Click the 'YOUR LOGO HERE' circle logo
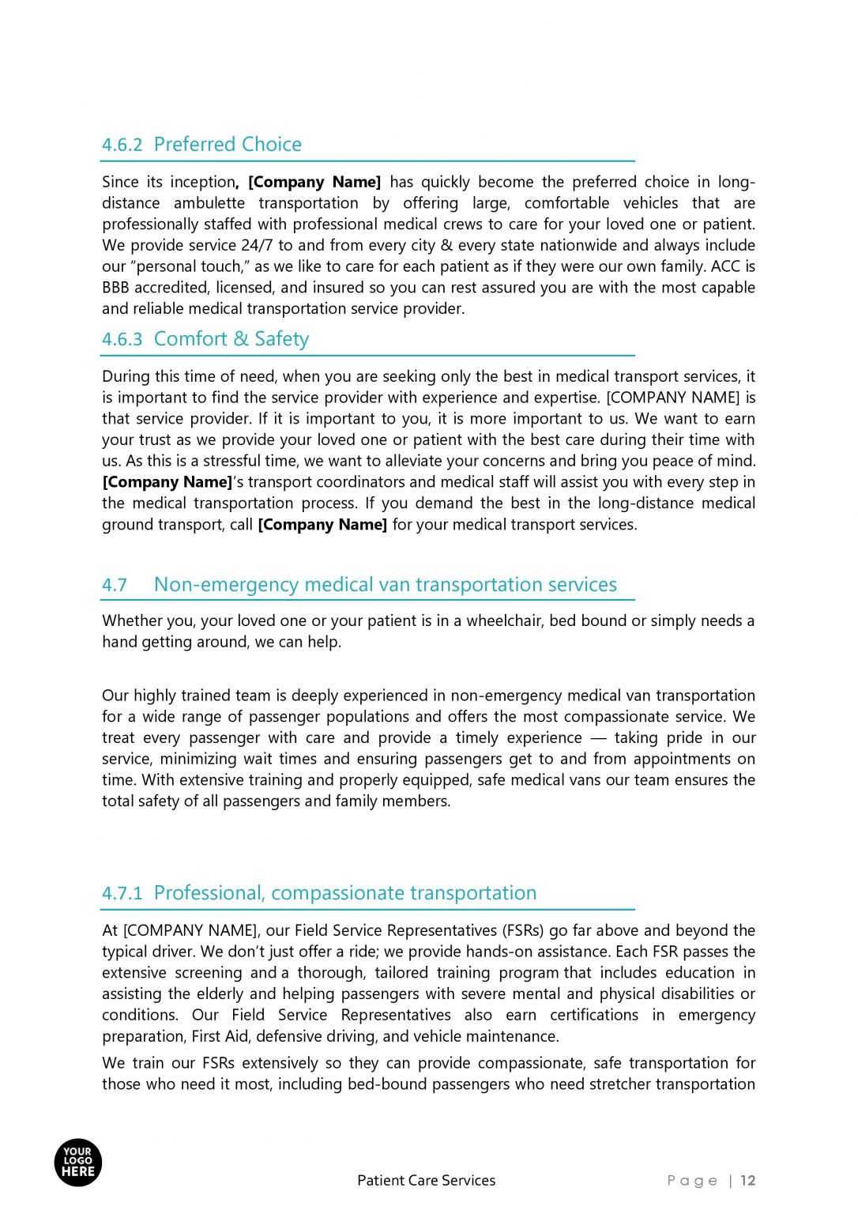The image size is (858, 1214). (78, 1163)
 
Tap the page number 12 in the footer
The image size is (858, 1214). (748, 1180)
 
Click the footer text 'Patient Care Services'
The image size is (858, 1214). (426, 1180)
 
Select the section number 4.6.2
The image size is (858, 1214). (122, 145)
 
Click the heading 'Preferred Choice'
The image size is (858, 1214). (228, 145)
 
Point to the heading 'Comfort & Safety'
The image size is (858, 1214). (231, 339)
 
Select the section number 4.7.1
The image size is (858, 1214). (122, 893)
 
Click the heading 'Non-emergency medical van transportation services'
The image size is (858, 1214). (385, 585)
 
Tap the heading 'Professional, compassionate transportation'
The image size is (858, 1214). (344, 893)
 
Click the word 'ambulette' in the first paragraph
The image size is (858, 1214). (209, 203)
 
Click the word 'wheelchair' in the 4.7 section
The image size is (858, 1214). (503, 621)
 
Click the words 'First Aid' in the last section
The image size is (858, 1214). (220, 1036)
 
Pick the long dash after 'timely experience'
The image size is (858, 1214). (598, 738)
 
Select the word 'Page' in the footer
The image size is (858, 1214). (692, 1180)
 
